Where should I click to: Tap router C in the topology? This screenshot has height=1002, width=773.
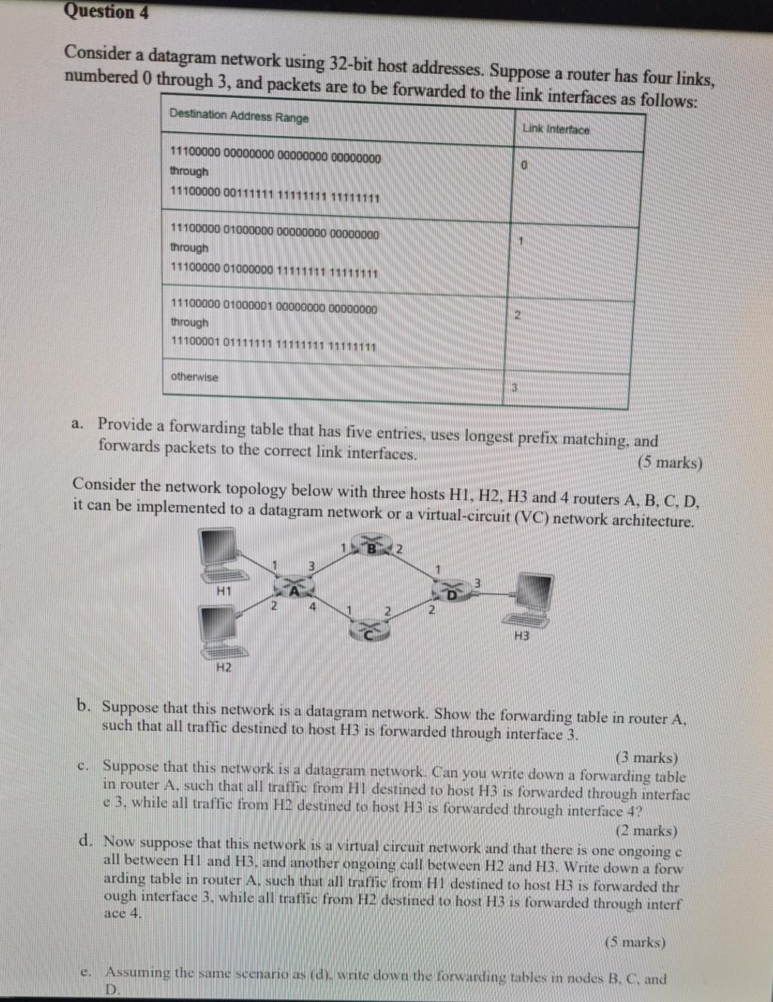point(372,632)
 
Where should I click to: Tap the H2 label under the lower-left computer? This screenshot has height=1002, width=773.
point(223,667)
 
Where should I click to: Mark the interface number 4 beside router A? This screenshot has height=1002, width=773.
point(312,607)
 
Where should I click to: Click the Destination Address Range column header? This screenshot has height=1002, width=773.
point(238,116)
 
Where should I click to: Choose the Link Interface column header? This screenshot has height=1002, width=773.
point(555,129)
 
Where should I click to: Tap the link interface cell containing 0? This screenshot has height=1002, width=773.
point(525,164)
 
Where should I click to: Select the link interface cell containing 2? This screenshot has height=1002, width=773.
point(517,315)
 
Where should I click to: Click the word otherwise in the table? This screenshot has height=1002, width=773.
point(194,377)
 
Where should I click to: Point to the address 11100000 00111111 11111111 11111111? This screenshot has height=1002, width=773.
point(275,197)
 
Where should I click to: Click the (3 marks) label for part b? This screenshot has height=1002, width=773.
point(646,757)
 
